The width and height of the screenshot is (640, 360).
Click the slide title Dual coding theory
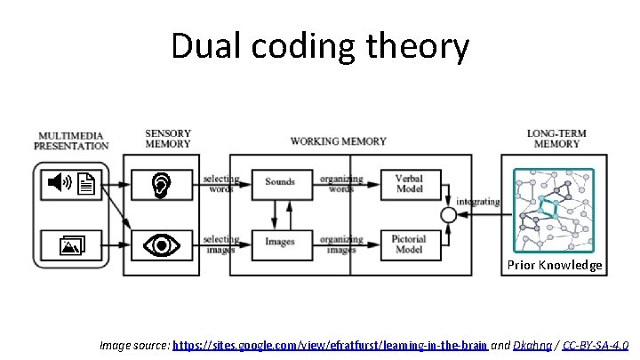coord(319,46)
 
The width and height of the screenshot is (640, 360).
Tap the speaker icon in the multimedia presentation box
coord(60,183)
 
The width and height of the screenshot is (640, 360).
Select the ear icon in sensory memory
coord(161,184)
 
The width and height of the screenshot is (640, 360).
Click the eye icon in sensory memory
coord(161,244)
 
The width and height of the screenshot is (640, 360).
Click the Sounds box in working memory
coord(280,182)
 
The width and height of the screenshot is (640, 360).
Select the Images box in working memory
coord(280,240)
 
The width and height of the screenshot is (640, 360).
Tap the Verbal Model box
coord(409,182)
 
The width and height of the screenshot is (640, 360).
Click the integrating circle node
coord(449,214)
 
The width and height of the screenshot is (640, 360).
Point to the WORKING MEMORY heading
coord(338,140)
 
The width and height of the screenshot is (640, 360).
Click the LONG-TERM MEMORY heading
coord(556,140)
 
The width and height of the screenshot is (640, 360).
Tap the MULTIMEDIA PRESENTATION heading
coord(72,140)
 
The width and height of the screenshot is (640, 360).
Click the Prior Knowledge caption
coord(555,265)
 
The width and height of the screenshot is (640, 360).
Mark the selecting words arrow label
coord(220,183)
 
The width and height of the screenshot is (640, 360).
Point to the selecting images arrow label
coord(220,244)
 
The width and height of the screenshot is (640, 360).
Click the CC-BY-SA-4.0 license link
coord(596,344)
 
